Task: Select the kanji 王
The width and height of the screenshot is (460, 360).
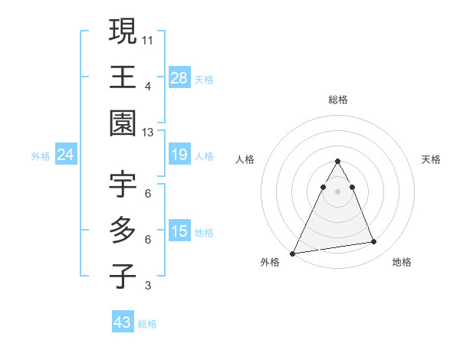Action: (123, 77)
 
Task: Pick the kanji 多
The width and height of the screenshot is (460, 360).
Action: (123, 231)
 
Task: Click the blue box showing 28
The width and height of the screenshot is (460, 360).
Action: (179, 77)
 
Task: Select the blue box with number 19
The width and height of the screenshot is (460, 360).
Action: (179, 155)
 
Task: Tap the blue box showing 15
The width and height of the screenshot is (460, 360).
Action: (179, 232)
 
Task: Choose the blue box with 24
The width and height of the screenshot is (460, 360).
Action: (66, 155)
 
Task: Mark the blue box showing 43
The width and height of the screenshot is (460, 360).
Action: (123, 322)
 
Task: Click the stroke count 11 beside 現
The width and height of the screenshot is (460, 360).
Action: (148, 38)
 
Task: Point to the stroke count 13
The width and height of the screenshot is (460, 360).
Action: (148, 133)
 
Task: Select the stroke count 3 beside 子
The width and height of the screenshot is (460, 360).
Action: (148, 286)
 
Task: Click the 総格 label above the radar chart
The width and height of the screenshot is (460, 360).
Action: (337, 100)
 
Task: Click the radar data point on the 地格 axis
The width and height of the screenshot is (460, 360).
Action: (374, 242)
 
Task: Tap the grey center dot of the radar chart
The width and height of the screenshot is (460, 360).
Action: (337, 191)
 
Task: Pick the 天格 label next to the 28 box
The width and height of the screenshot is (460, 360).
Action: (204, 79)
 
